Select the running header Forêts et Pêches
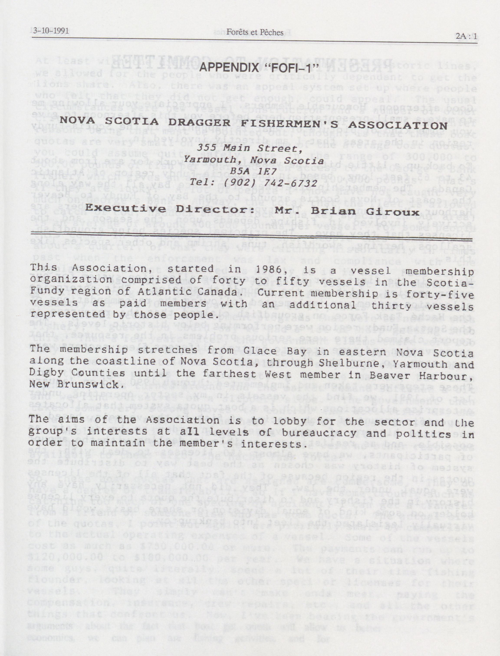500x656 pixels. [255, 32]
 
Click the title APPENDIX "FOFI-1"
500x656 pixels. [258, 67]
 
